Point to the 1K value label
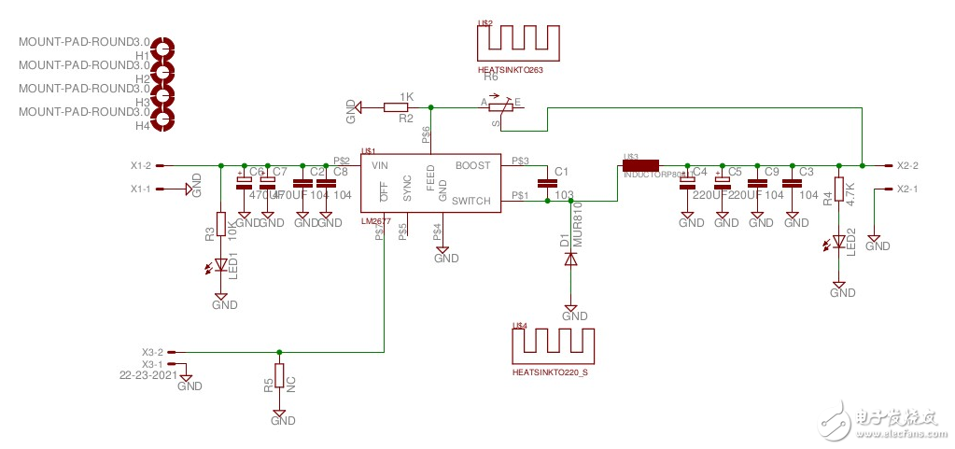coord(406,96)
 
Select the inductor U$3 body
coord(641,165)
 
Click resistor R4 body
coord(839,189)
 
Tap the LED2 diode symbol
coord(838,243)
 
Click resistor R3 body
coord(220,224)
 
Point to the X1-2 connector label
coord(141,165)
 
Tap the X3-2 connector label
coord(152,352)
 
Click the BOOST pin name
coord(472,165)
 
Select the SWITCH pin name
coord(470,201)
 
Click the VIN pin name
coord(380,165)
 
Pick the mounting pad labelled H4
coord(165,118)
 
